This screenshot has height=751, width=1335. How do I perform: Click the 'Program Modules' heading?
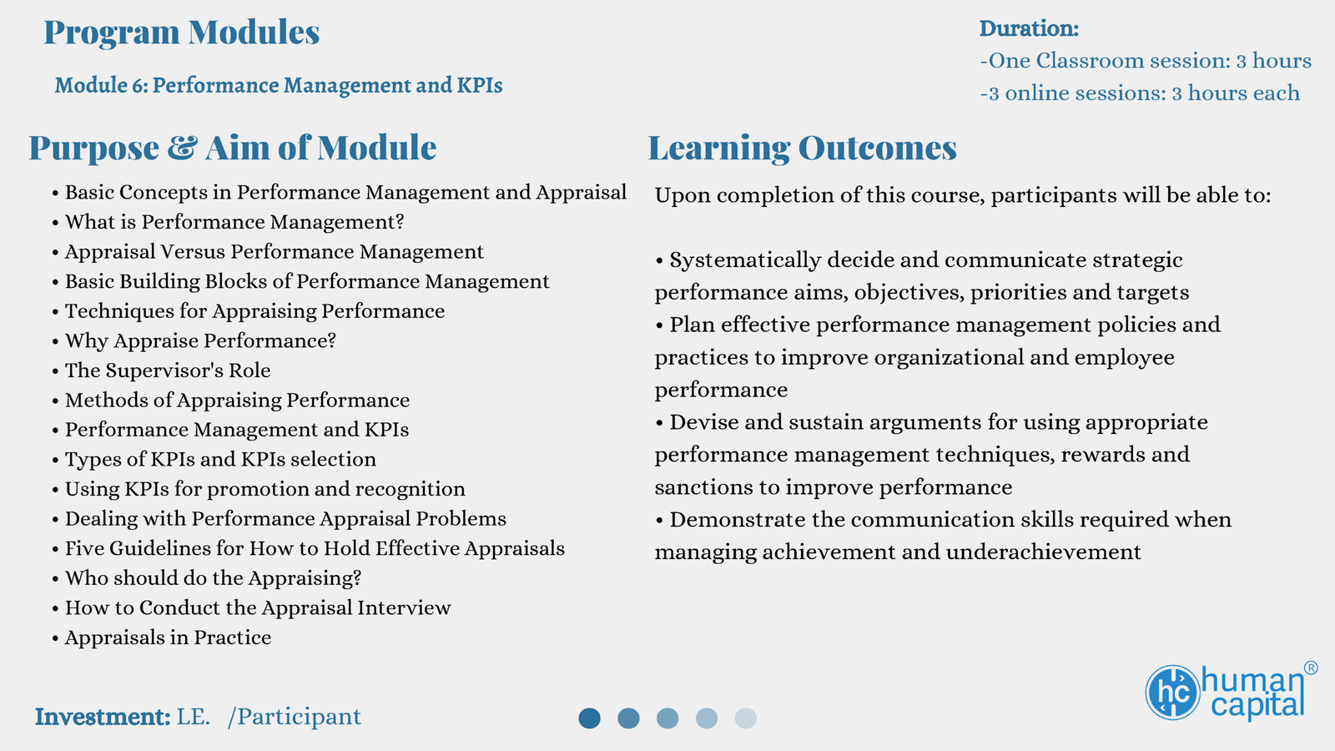tap(182, 33)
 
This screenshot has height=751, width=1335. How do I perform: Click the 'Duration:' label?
tap(1030, 28)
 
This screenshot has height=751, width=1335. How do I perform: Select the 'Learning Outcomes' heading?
tap(802, 148)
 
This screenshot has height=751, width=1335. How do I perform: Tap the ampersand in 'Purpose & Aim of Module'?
tap(182, 148)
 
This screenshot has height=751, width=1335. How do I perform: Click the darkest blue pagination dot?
tap(589, 718)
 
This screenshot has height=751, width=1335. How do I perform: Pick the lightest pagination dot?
tap(746, 718)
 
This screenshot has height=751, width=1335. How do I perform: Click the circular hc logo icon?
tap(1172, 693)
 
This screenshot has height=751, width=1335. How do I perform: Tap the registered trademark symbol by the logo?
tap(1311, 668)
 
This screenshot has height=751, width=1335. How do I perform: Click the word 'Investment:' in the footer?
tap(103, 717)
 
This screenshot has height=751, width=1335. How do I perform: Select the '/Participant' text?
tap(295, 717)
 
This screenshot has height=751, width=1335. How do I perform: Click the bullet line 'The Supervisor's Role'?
tap(168, 370)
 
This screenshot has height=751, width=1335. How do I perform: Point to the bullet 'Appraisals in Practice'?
tap(168, 638)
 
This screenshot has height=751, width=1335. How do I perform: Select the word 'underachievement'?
tap(1043, 552)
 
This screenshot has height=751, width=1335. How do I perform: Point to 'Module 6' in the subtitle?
tap(101, 85)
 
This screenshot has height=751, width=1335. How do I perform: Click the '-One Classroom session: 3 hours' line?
tap(1146, 61)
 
